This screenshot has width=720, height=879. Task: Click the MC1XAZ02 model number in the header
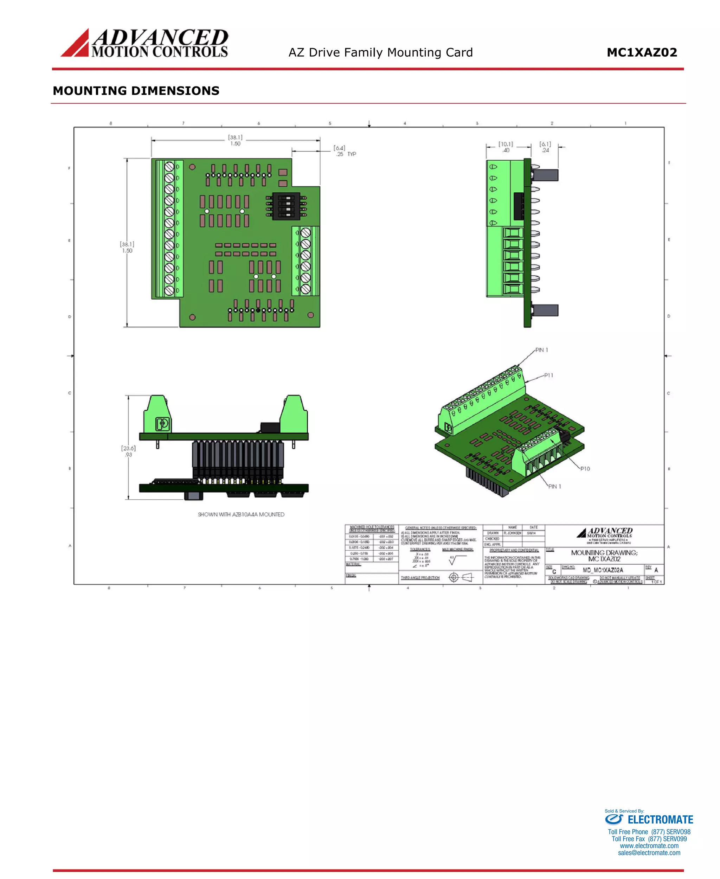click(642, 53)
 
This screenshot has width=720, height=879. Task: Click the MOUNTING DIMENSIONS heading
click(136, 91)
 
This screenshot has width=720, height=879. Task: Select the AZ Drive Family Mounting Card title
click(380, 53)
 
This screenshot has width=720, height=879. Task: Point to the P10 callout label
click(585, 469)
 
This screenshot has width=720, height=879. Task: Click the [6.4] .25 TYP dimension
click(344, 151)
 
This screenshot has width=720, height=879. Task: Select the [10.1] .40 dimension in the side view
click(506, 147)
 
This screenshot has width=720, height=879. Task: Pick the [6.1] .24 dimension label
click(545, 147)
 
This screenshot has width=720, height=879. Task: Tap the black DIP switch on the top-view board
click(286, 206)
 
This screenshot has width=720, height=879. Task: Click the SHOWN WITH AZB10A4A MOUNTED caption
click(241, 514)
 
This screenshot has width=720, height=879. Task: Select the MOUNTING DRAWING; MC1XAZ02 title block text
click(604, 556)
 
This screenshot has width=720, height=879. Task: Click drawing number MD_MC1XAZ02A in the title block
click(603, 570)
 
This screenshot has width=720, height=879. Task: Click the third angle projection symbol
click(460, 577)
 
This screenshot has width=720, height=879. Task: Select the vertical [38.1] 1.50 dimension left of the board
click(127, 247)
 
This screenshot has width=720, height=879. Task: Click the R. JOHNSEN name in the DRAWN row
click(512, 533)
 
